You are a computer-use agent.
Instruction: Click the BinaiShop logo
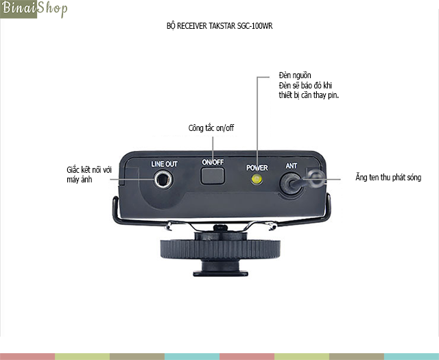coord(34,9)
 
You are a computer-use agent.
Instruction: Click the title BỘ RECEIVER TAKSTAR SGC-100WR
coord(219,26)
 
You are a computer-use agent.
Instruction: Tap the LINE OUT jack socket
coord(163,180)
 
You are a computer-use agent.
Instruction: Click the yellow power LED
coord(257,179)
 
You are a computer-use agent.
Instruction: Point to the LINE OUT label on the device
coord(164,164)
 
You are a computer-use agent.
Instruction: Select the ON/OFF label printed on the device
coord(213,162)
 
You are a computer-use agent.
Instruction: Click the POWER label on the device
coord(257,168)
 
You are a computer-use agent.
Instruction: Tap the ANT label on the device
coord(291,166)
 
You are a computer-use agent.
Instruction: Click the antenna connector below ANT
coord(291,184)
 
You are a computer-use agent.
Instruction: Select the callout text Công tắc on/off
coord(211,128)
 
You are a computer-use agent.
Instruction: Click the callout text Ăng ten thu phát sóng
coord(388,178)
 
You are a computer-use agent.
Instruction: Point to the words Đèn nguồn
coord(295,75)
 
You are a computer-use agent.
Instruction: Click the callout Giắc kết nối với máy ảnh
coord(89,175)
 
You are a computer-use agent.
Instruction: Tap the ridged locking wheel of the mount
coord(220,249)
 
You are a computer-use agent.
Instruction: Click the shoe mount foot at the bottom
coord(220,273)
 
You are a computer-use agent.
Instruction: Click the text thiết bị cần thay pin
coord(309,95)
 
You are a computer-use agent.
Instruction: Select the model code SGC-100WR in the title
coord(254,26)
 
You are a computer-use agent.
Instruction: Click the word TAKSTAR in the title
coord(222,26)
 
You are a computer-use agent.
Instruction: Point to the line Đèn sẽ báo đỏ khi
coord(305,86)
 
